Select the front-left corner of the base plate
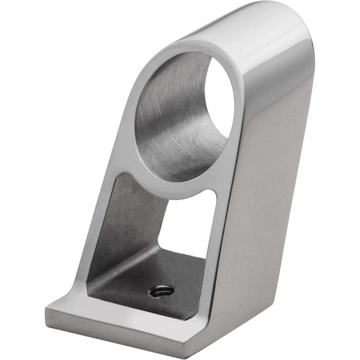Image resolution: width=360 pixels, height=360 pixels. point(47,309)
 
